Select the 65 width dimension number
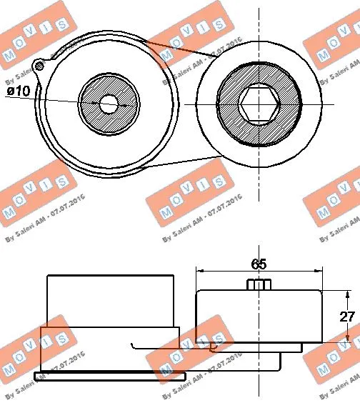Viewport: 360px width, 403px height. click(x=259, y=264)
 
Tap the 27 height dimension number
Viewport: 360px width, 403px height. click(x=346, y=317)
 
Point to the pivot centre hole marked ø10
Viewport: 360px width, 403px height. click(x=109, y=104)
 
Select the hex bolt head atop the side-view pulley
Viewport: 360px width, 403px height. click(x=259, y=285)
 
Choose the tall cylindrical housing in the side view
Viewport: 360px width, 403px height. click(x=111, y=300)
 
